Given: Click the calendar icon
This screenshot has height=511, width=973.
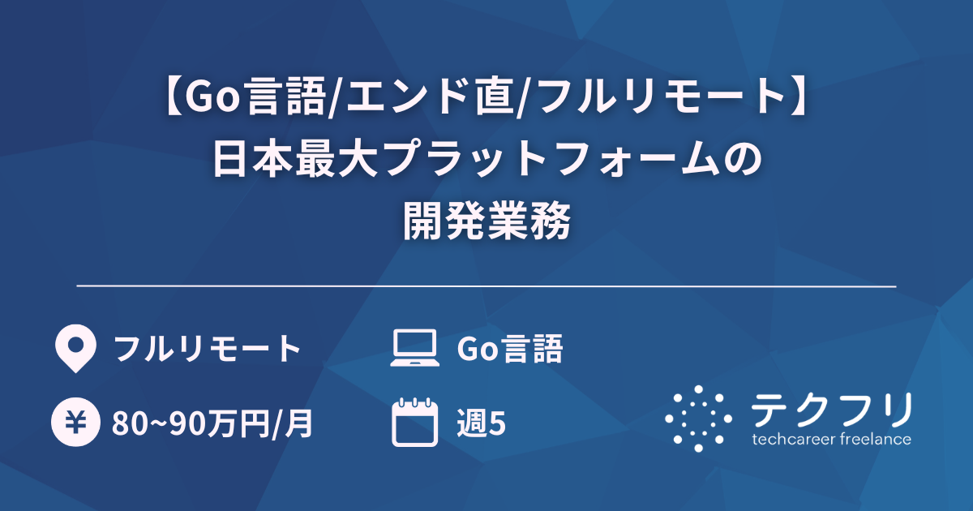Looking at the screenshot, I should pyautogui.click(x=414, y=422).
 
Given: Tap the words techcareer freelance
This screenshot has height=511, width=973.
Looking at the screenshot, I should pyautogui.click(x=831, y=440).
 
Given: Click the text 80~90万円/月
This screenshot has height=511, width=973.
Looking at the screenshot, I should pyautogui.click(x=213, y=423).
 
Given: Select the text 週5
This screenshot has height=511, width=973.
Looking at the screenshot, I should pyautogui.click(x=482, y=423).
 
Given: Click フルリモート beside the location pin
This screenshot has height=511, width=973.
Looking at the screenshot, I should pyautogui.click(x=208, y=349).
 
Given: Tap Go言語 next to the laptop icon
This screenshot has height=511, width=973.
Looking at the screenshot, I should pyautogui.click(x=509, y=349).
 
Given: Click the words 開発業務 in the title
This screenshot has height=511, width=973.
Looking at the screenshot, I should pyautogui.click(x=486, y=221).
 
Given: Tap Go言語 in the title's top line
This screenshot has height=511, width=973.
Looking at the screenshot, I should pyautogui.click(x=259, y=99).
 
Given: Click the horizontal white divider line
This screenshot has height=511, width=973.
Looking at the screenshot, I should pyautogui.click(x=486, y=286).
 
